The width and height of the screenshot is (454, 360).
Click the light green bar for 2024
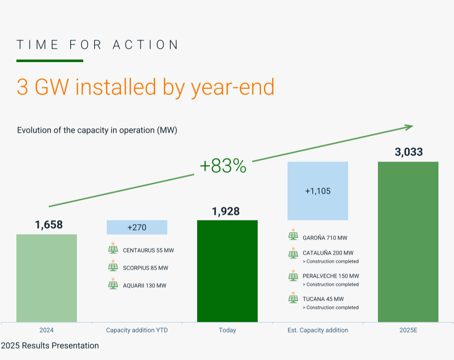point(47,278)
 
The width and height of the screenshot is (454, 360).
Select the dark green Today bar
point(227,271)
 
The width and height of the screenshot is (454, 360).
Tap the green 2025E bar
point(408,242)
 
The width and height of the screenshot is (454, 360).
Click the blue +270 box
point(137,228)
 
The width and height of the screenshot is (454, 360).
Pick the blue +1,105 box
point(318,191)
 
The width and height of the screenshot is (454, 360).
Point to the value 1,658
point(49,225)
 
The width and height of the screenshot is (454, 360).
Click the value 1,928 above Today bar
point(226,211)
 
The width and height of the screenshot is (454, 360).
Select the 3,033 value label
point(409,152)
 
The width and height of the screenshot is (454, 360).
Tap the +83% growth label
point(223,167)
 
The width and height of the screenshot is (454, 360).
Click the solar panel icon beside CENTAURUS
point(113,249)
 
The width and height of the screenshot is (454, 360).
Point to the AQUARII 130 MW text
point(145,286)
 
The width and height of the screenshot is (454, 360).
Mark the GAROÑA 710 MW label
point(325,238)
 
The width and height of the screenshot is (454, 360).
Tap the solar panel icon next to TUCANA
point(293,298)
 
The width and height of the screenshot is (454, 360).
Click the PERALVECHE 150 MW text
point(331,276)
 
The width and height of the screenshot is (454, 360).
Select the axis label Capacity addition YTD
point(137,330)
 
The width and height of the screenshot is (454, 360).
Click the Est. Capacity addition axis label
point(318,330)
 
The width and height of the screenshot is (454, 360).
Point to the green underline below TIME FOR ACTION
point(50,61)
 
